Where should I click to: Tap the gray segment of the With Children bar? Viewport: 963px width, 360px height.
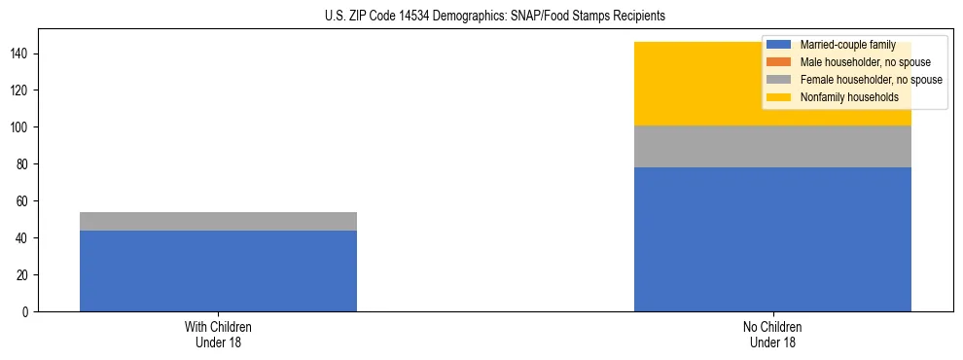coord(218,221)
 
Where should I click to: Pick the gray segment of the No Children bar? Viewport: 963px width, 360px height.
coord(772,146)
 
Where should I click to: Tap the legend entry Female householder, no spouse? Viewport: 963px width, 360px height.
coord(871,80)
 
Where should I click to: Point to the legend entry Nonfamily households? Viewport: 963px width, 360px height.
coord(848,97)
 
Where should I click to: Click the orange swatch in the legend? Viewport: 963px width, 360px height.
coord(779,62)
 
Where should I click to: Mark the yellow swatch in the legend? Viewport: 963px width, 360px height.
coord(779,97)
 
